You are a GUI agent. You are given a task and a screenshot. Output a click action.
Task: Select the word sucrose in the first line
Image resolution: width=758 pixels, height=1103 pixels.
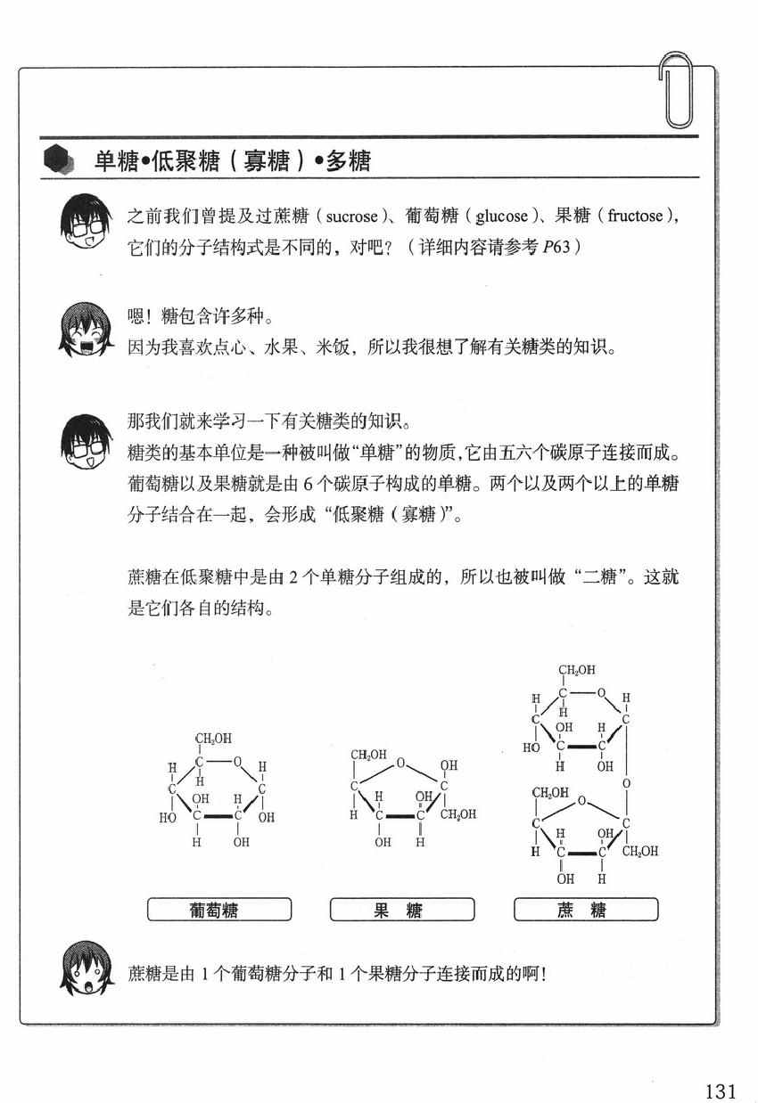353,217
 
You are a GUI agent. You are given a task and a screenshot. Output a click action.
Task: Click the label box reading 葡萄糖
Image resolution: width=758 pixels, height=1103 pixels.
219,910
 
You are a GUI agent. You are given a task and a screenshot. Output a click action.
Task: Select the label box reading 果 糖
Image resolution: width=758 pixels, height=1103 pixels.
402,910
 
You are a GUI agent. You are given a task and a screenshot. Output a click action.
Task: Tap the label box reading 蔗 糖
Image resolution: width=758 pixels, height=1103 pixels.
586,910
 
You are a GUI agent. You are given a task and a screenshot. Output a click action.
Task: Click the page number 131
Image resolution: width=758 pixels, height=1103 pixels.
720,1067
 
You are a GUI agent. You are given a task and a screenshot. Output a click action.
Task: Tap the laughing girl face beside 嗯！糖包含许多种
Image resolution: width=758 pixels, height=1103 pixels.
86,329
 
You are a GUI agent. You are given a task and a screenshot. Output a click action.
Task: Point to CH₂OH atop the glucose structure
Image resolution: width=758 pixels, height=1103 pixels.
214,739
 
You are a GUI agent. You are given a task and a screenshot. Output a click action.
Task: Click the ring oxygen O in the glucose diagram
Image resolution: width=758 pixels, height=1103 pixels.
238,762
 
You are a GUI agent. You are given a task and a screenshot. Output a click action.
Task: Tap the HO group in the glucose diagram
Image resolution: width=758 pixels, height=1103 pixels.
167,816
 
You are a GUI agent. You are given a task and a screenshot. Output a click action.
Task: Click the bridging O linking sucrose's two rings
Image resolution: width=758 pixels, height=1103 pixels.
626,784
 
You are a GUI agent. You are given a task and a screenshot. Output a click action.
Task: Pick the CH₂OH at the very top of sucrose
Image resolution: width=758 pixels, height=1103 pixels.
577,670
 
